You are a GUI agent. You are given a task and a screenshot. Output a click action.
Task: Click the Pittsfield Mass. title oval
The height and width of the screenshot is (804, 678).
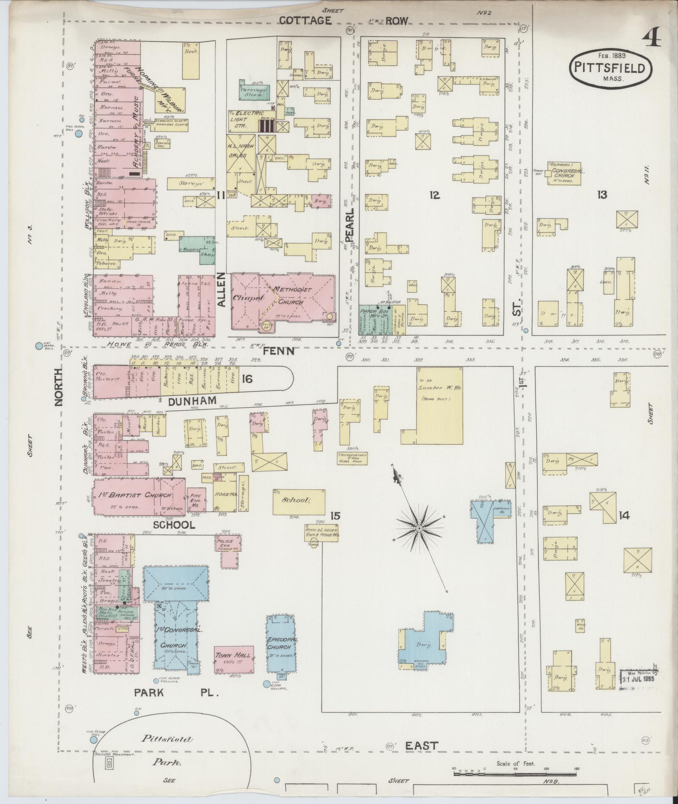[610, 68]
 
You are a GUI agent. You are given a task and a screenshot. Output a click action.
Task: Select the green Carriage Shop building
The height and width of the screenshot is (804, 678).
[255, 90]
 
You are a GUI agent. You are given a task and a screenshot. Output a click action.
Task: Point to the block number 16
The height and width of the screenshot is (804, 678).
[248, 379]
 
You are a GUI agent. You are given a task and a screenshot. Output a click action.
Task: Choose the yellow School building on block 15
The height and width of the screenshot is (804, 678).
[299, 501]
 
